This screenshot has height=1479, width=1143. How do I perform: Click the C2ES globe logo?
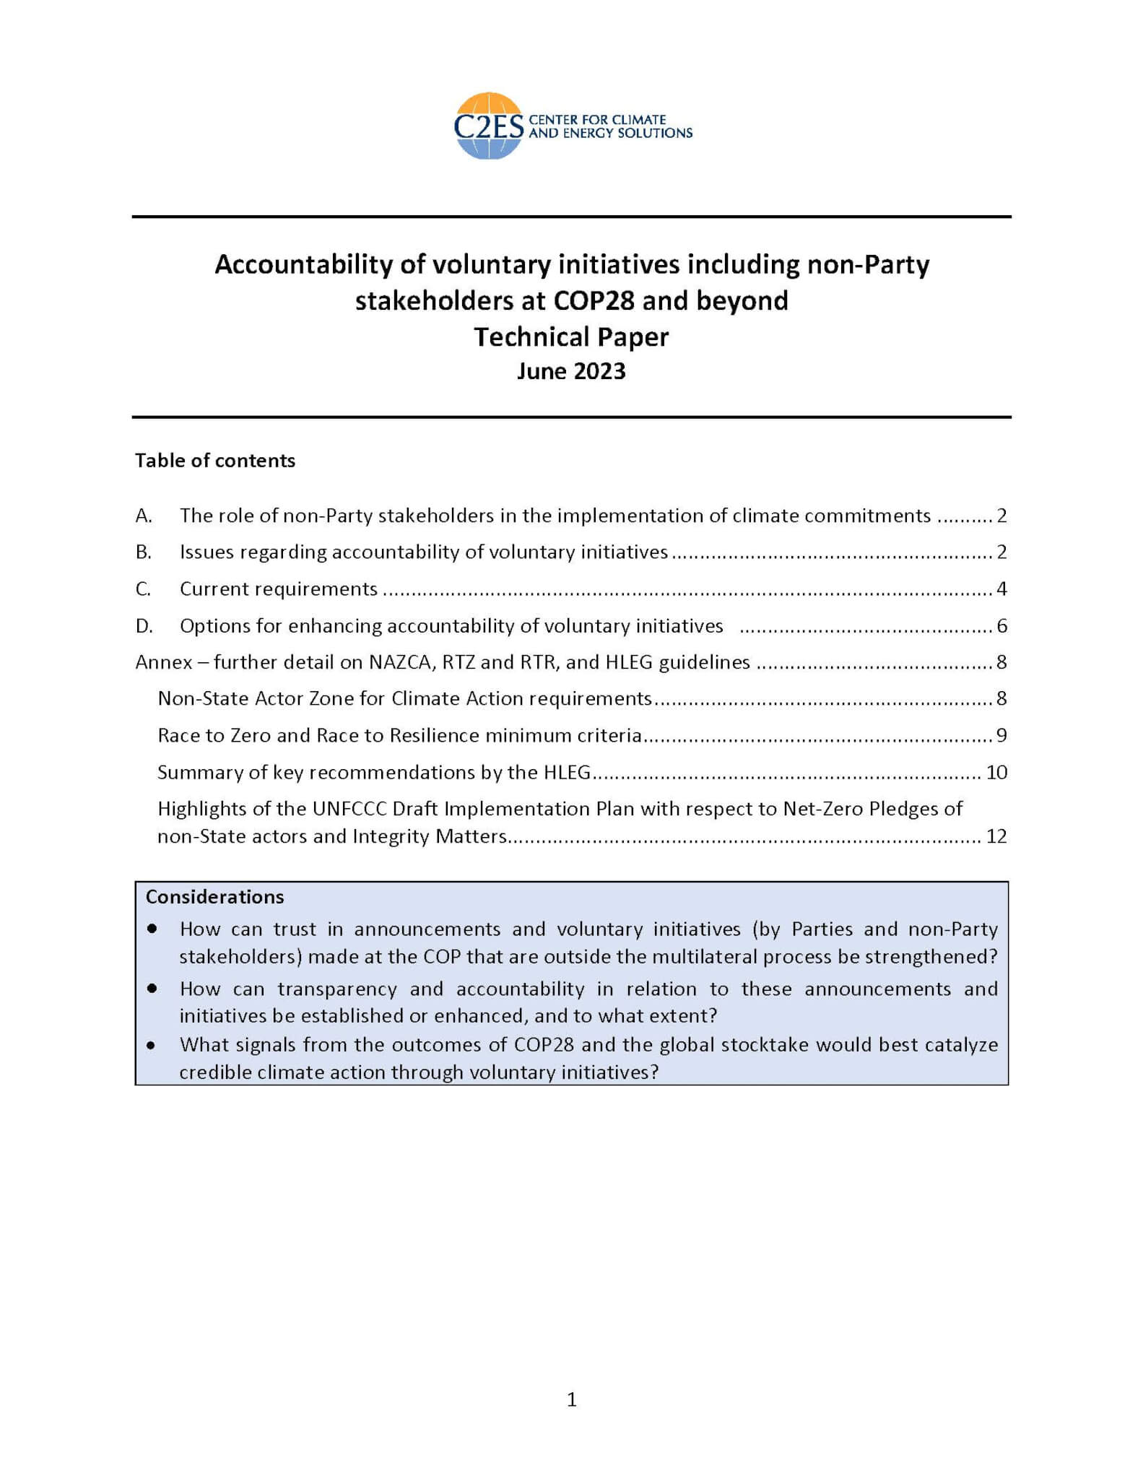pyautogui.click(x=489, y=126)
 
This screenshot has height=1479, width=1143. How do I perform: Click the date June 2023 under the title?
pyautogui.click(x=571, y=371)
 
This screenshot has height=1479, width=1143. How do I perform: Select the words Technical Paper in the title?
pyautogui.click(x=571, y=337)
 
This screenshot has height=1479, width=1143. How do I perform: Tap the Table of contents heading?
pyautogui.click(x=215, y=461)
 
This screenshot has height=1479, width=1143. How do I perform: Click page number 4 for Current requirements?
pyautogui.click(x=1001, y=589)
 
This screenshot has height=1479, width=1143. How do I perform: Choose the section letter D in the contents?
pyautogui.click(x=144, y=626)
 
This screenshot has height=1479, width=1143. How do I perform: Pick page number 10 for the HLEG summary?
pyautogui.click(x=996, y=773)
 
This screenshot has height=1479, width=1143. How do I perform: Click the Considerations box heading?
pyautogui.click(x=215, y=897)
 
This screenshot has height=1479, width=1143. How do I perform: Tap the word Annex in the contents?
pyautogui.click(x=164, y=662)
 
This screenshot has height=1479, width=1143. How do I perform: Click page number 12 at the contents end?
pyautogui.click(x=996, y=836)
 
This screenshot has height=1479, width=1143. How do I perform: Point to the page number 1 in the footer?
pyautogui.click(x=572, y=1400)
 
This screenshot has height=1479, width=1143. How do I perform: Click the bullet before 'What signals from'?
pyautogui.click(x=151, y=1045)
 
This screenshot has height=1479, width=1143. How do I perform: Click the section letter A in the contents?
pyautogui.click(x=143, y=516)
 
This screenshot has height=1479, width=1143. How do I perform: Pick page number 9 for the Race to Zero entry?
pyautogui.click(x=1001, y=736)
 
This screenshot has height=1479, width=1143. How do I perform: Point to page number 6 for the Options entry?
pyautogui.click(x=1001, y=626)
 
